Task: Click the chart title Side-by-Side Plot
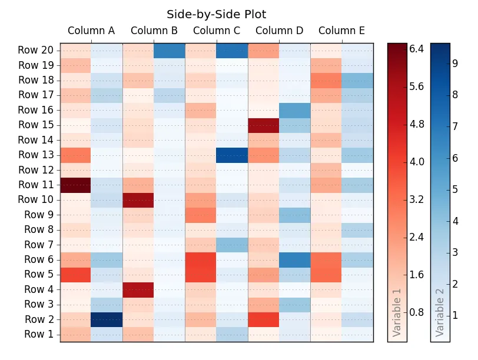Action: click(216, 15)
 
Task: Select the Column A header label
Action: click(91, 31)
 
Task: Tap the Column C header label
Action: click(217, 31)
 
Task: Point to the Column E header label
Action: click(341, 31)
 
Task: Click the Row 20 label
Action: click(36, 51)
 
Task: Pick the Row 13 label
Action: click(36, 155)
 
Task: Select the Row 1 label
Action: click(38, 335)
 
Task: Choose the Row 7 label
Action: click(38, 245)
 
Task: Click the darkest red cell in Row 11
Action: click(75, 185)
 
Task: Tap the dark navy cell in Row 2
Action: click(107, 319)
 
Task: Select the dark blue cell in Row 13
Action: click(232, 155)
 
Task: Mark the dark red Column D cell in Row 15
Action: click(263, 125)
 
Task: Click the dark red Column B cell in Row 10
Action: click(138, 200)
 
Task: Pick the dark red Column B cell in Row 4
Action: click(138, 289)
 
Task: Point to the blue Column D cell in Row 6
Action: click(294, 260)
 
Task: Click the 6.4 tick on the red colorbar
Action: click(417, 49)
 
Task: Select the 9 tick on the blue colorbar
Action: click(455, 64)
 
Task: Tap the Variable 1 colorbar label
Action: click(397, 312)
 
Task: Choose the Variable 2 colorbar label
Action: click(440, 312)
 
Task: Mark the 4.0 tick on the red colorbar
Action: click(417, 162)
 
